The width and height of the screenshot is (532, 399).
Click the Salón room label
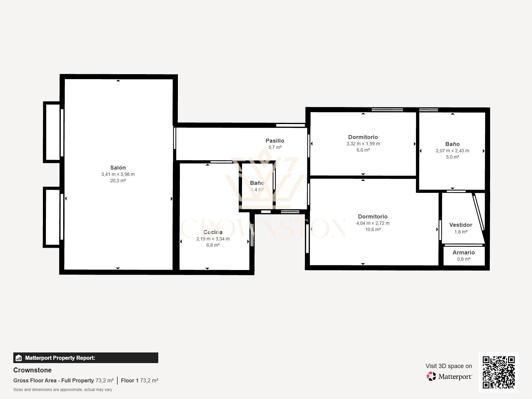pos(118,168)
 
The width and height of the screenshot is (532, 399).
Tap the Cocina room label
pos(213,232)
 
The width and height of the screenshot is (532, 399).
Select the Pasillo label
pos(275,141)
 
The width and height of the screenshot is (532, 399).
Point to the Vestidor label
pos(461,225)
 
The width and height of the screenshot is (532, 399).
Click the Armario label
pos(464,252)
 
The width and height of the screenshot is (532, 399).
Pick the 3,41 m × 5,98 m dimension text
pos(118,174)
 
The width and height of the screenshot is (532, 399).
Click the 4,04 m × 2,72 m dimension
pos(373,223)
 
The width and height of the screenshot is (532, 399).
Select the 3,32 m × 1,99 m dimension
pos(363,144)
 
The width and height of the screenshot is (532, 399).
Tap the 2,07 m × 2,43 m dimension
pos(453,151)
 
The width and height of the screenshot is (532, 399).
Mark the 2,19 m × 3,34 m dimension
pos(213,239)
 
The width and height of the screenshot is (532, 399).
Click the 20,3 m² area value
pos(118,181)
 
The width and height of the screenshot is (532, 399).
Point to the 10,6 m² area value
pos(373,229)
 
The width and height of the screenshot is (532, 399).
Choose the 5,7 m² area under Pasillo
pos(275,147)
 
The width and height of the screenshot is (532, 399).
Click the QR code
pos(498,372)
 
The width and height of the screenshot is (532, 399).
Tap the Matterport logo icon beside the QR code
pos(431,376)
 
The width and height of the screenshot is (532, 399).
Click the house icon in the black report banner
pos(19,358)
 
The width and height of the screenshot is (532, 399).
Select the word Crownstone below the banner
pos(33,370)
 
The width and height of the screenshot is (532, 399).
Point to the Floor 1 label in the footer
pos(130,381)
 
